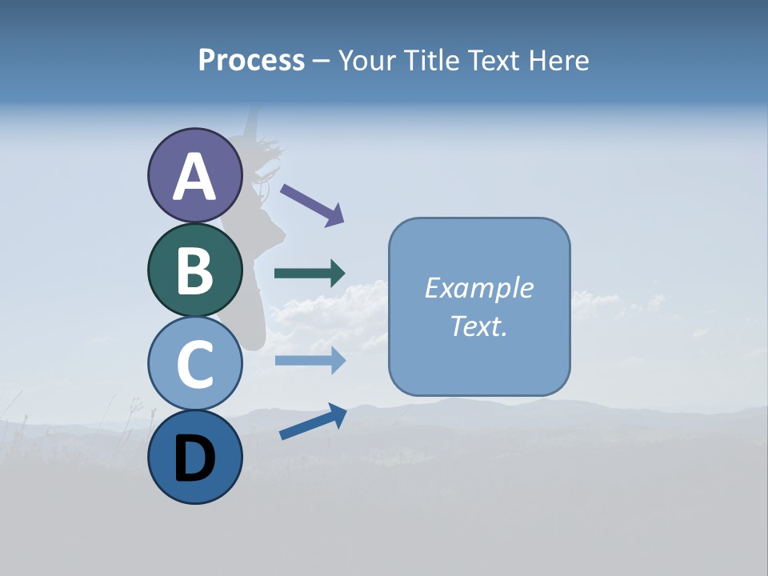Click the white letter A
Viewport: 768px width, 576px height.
195,177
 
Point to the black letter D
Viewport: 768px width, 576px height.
195,459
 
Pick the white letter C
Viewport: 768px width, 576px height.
195,364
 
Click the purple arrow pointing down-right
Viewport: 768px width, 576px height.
312,204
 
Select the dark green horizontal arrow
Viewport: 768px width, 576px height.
310,274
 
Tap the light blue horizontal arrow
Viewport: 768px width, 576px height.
310,361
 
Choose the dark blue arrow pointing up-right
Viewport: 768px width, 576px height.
313,422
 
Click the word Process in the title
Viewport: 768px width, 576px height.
251,60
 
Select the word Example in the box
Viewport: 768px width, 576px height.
478,288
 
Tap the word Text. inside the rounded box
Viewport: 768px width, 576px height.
478,326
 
